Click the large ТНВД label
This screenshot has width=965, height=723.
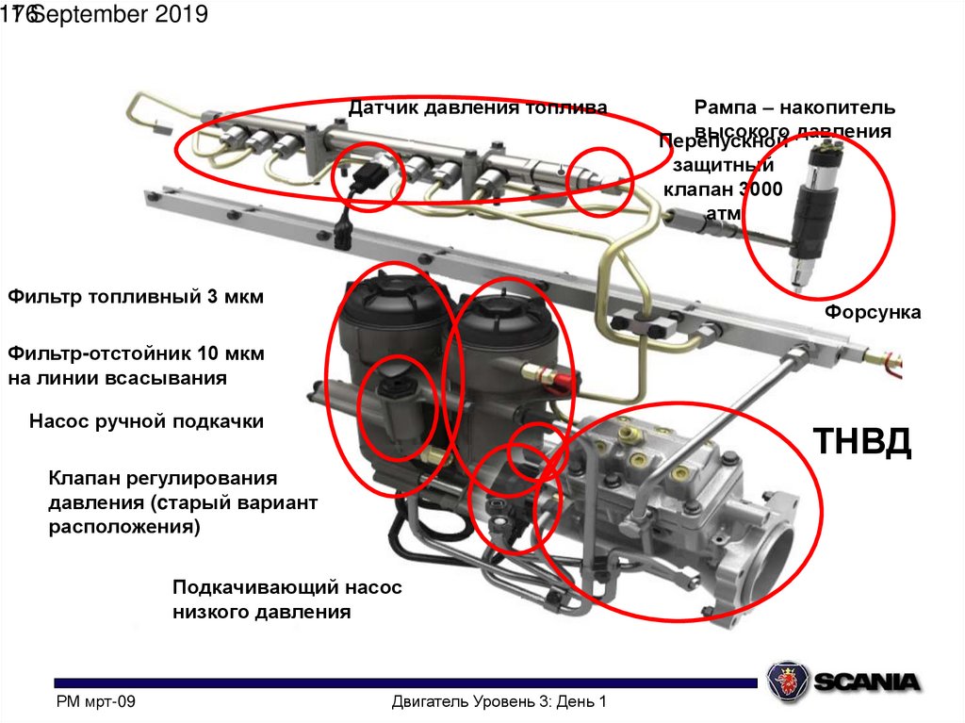tap(862, 442)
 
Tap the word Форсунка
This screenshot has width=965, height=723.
tap(873, 311)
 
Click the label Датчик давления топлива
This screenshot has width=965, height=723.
tap(478, 107)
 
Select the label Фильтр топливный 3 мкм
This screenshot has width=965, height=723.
tap(136, 297)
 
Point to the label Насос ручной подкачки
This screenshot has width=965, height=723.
tap(146, 421)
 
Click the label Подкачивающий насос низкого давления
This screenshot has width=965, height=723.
tap(286, 600)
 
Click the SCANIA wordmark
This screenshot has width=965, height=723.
tap(865, 681)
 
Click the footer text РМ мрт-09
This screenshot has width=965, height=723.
tap(97, 702)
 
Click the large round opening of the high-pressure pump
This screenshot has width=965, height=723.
tap(773, 562)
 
